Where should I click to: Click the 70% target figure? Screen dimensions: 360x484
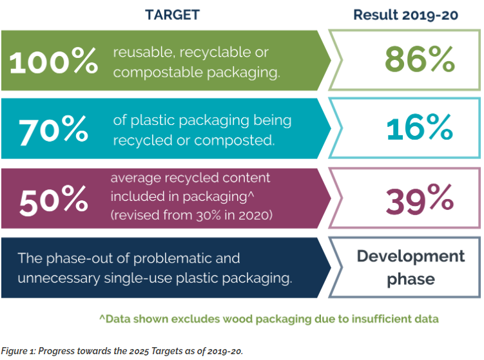click(x=53, y=131)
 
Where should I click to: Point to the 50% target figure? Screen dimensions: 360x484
click(x=53, y=201)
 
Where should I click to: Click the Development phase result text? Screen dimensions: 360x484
click(x=411, y=267)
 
